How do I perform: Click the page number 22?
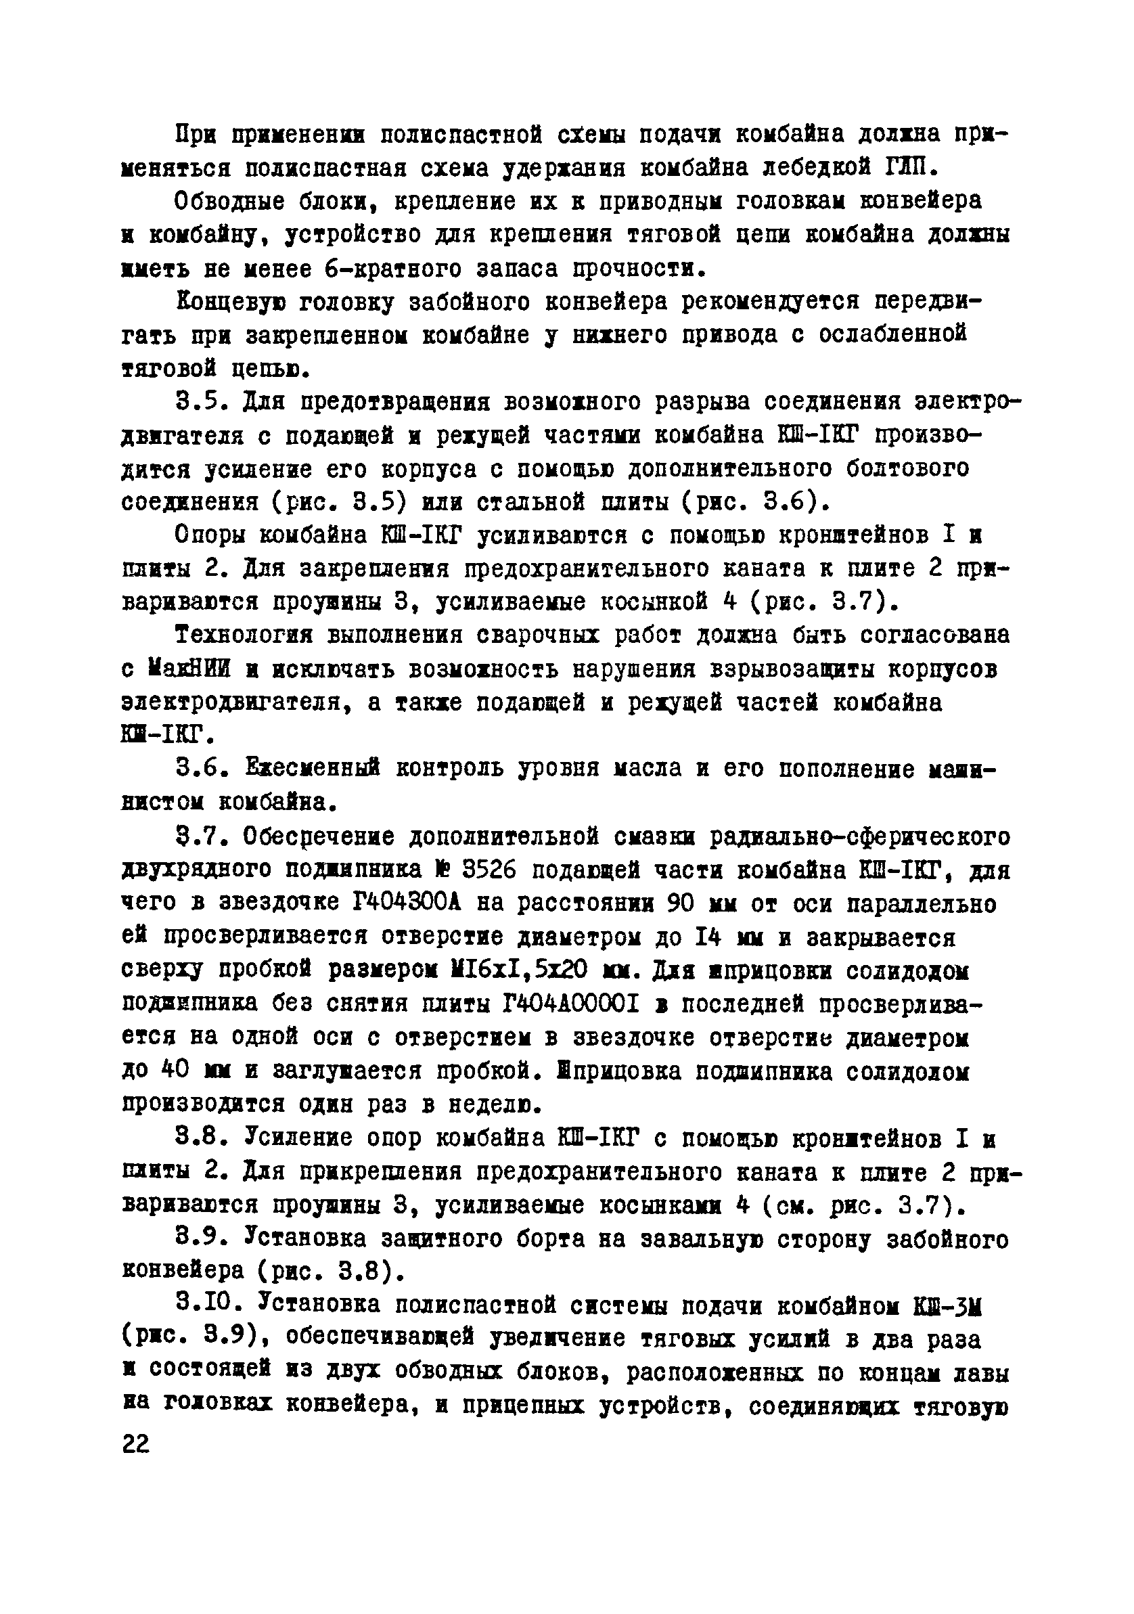point(136,1444)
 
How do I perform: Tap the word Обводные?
point(230,202)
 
